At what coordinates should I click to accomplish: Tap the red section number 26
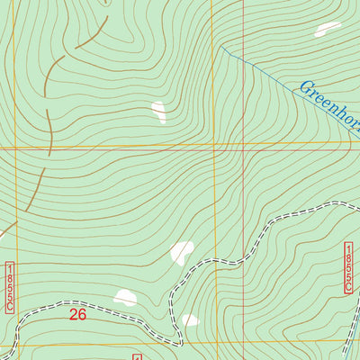click(x=78, y=315)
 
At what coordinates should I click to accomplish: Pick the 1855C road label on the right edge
click(x=348, y=267)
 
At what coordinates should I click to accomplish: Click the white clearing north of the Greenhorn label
click(x=327, y=29)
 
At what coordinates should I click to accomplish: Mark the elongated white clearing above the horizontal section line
click(x=159, y=112)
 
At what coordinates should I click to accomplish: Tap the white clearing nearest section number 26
click(x=125, y=297)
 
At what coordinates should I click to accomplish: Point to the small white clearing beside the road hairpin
click(x=189, y=320)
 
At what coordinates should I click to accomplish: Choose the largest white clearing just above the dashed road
click(x=183, y=251)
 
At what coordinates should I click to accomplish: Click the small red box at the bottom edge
click(x=137, y=356)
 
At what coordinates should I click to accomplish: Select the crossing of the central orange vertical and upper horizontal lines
click(x=212, y=143)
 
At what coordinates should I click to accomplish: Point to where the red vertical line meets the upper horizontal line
click(x=243, y=143)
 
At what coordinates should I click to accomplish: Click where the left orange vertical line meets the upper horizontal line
click(x=15, y=145)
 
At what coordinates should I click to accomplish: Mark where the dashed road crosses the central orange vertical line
click(x=212, y=261)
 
